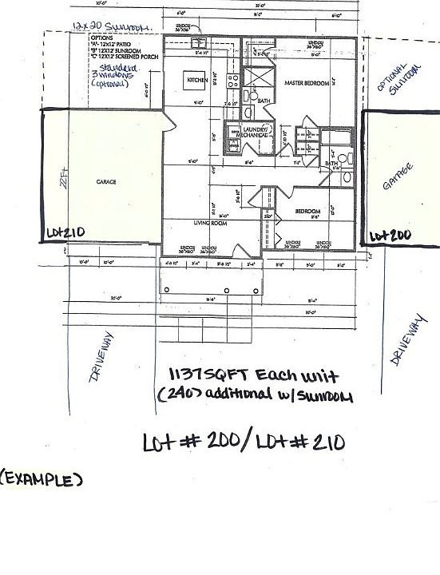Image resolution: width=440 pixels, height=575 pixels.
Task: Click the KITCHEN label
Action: point(197,81)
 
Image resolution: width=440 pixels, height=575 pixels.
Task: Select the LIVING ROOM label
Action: point(208,224)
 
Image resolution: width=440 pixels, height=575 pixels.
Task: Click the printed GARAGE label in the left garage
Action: point(107,182)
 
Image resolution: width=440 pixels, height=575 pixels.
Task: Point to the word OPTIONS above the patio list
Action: point(103,38)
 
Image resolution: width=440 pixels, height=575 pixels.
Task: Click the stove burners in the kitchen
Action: point(232,81)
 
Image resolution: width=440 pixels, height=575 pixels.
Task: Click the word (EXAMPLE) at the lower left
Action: point(42,481)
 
